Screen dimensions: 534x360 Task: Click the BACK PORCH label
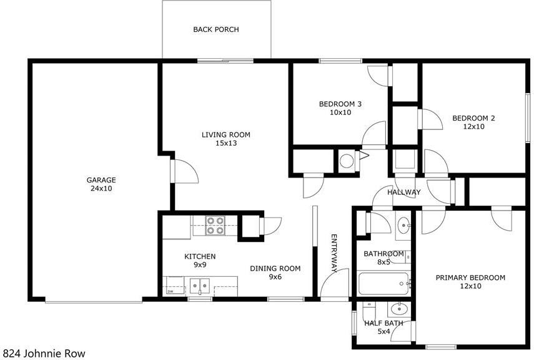pyautogui.click(x=216, y=29)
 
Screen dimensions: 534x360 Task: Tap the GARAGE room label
pyautogui.click(x=101, y=180)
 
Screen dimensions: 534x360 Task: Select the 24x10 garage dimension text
pyautogui.click(x=101, y=189)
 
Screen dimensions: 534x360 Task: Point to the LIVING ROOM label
pyautogui.click(x=226, y=134)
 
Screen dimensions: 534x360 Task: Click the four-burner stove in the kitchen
pyautogui.click(x=215, y=226)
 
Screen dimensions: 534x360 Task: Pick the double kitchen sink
pyautogui.click(x=200, y=286)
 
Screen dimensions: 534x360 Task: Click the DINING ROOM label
pyautogui.click(x=275, y=269)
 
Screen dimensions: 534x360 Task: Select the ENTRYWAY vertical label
pyautogui.click(x=334, y=253)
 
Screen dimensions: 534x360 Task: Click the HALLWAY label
pyautogui.click(x=404, y=192)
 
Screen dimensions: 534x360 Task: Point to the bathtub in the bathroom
pyautogui.click(x=383, y=284)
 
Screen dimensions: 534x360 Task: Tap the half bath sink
pyautogui.click(x=398, y=309)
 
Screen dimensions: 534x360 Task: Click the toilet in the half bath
pyautogui.click(x=369, y=310)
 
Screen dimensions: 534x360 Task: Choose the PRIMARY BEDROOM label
pyautogui.click(x=470, y=278)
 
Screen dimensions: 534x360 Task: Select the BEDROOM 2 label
pyautogui.click(x=473, y=118)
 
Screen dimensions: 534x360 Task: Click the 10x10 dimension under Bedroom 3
pyautogui.click(x=340, y=112)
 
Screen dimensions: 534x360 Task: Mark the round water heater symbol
pyautogui.click(x=347, y=161)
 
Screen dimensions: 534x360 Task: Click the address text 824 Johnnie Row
pyautogui.click(x=43, y=354)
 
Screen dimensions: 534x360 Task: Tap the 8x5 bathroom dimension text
pyautogui.click(x=383, y=262)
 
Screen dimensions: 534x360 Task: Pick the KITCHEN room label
pyautogui.click(x=200, y=256)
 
